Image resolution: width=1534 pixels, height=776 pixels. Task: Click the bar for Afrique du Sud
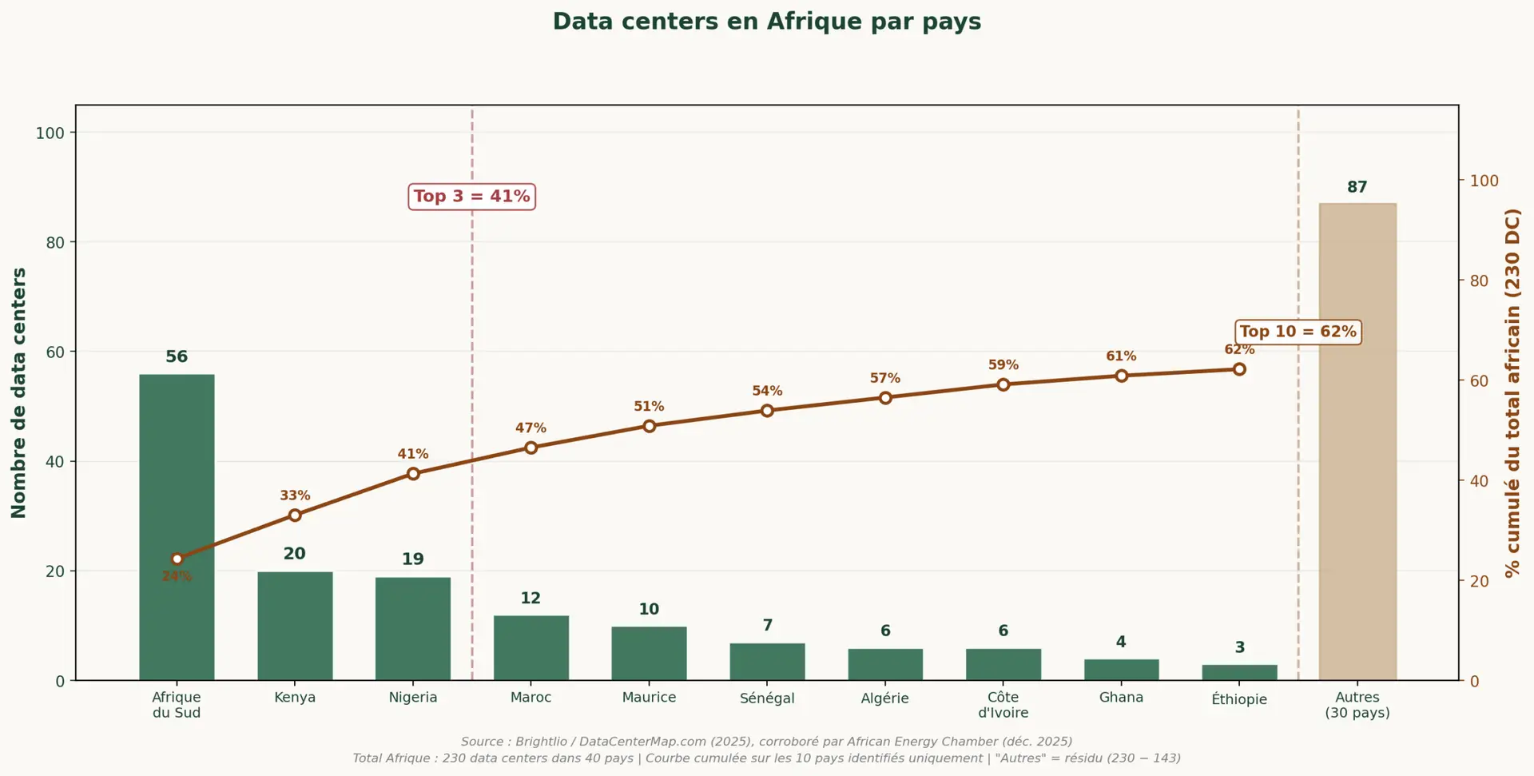(x=177, y=527)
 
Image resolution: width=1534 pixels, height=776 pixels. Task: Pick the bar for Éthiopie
(x=1239, y=672)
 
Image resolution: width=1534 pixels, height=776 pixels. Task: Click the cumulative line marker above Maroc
(x=531, y=448)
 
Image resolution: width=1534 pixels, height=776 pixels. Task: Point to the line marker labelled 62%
(x=1239, y=369)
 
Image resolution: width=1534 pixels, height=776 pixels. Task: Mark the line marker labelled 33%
(x=295, y=515)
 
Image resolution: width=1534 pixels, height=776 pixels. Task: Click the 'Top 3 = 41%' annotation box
(x=471, y=197)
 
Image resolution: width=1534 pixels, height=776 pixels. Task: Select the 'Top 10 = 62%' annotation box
(x=1298, y=332)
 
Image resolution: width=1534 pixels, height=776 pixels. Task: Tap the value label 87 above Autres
(x=1357, y=187)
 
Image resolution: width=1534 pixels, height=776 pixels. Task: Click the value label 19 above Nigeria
(x=413, y=559)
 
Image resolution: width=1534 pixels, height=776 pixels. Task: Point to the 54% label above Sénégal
(x=767, y=391)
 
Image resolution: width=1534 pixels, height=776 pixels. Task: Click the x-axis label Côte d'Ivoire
(x=1003, y=705)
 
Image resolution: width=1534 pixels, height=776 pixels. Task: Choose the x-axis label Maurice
(x=649, y=698)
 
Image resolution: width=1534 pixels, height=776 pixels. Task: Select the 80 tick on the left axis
(x=55, y=242)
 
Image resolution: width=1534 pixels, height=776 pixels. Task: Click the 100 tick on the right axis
(x=1484, y=181)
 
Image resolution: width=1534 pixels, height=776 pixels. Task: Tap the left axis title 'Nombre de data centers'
(x=19, y=392)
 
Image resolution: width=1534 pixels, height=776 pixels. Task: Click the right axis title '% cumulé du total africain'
(x=1512, y=392)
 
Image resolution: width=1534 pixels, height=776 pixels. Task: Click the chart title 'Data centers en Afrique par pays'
(x=767, y=22)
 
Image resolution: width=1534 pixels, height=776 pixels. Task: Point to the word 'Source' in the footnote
(x=482, y=742)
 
